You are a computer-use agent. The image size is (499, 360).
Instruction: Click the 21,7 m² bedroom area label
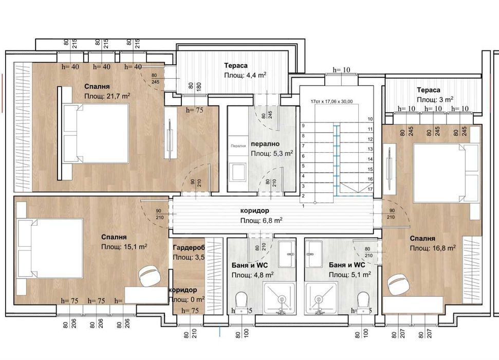[x=107, y=96]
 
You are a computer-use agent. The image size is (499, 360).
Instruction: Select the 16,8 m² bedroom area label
[x=433, y=248]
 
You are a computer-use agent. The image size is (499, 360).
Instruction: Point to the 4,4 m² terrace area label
[x=245, y=75]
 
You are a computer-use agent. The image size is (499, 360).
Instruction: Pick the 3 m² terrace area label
[x=435, y=99]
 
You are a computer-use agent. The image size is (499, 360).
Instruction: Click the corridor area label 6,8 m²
[x=262, y=220]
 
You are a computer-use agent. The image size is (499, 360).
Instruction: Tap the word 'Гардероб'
[x=189, y=247]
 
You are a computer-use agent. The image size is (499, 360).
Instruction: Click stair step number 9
[x=303, y=125]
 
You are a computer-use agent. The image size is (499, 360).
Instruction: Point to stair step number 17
[x=370, y=189]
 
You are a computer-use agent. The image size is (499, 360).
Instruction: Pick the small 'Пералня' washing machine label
[x=237, y=146]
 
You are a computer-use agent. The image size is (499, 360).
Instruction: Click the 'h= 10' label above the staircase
[x=341, y=69]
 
